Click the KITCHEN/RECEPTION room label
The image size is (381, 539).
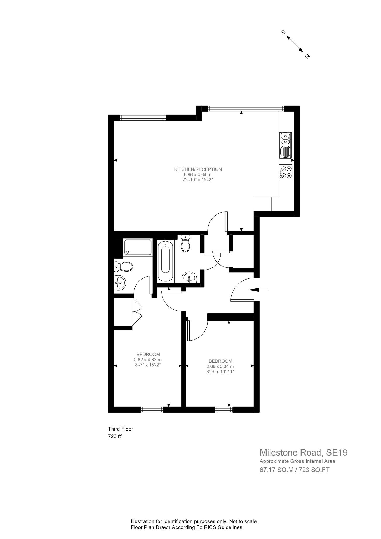click(198, 169)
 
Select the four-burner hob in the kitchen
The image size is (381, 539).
click(286, 172)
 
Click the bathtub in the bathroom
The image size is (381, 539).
click(166, 260)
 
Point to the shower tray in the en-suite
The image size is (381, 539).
click(138, 247)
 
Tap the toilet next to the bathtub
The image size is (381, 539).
click(186, 243)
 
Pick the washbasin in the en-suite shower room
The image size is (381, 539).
click(120, 283)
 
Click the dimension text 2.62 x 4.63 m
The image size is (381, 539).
click(148, 360)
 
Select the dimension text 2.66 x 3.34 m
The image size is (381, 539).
click(220, 366)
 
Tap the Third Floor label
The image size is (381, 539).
click(121, 429)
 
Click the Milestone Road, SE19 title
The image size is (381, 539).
click(303, 452)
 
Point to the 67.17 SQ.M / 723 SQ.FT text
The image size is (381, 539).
click(294, 470)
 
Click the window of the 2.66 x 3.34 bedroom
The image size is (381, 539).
click(224, 409)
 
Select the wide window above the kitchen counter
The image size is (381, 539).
click(246, 108)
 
